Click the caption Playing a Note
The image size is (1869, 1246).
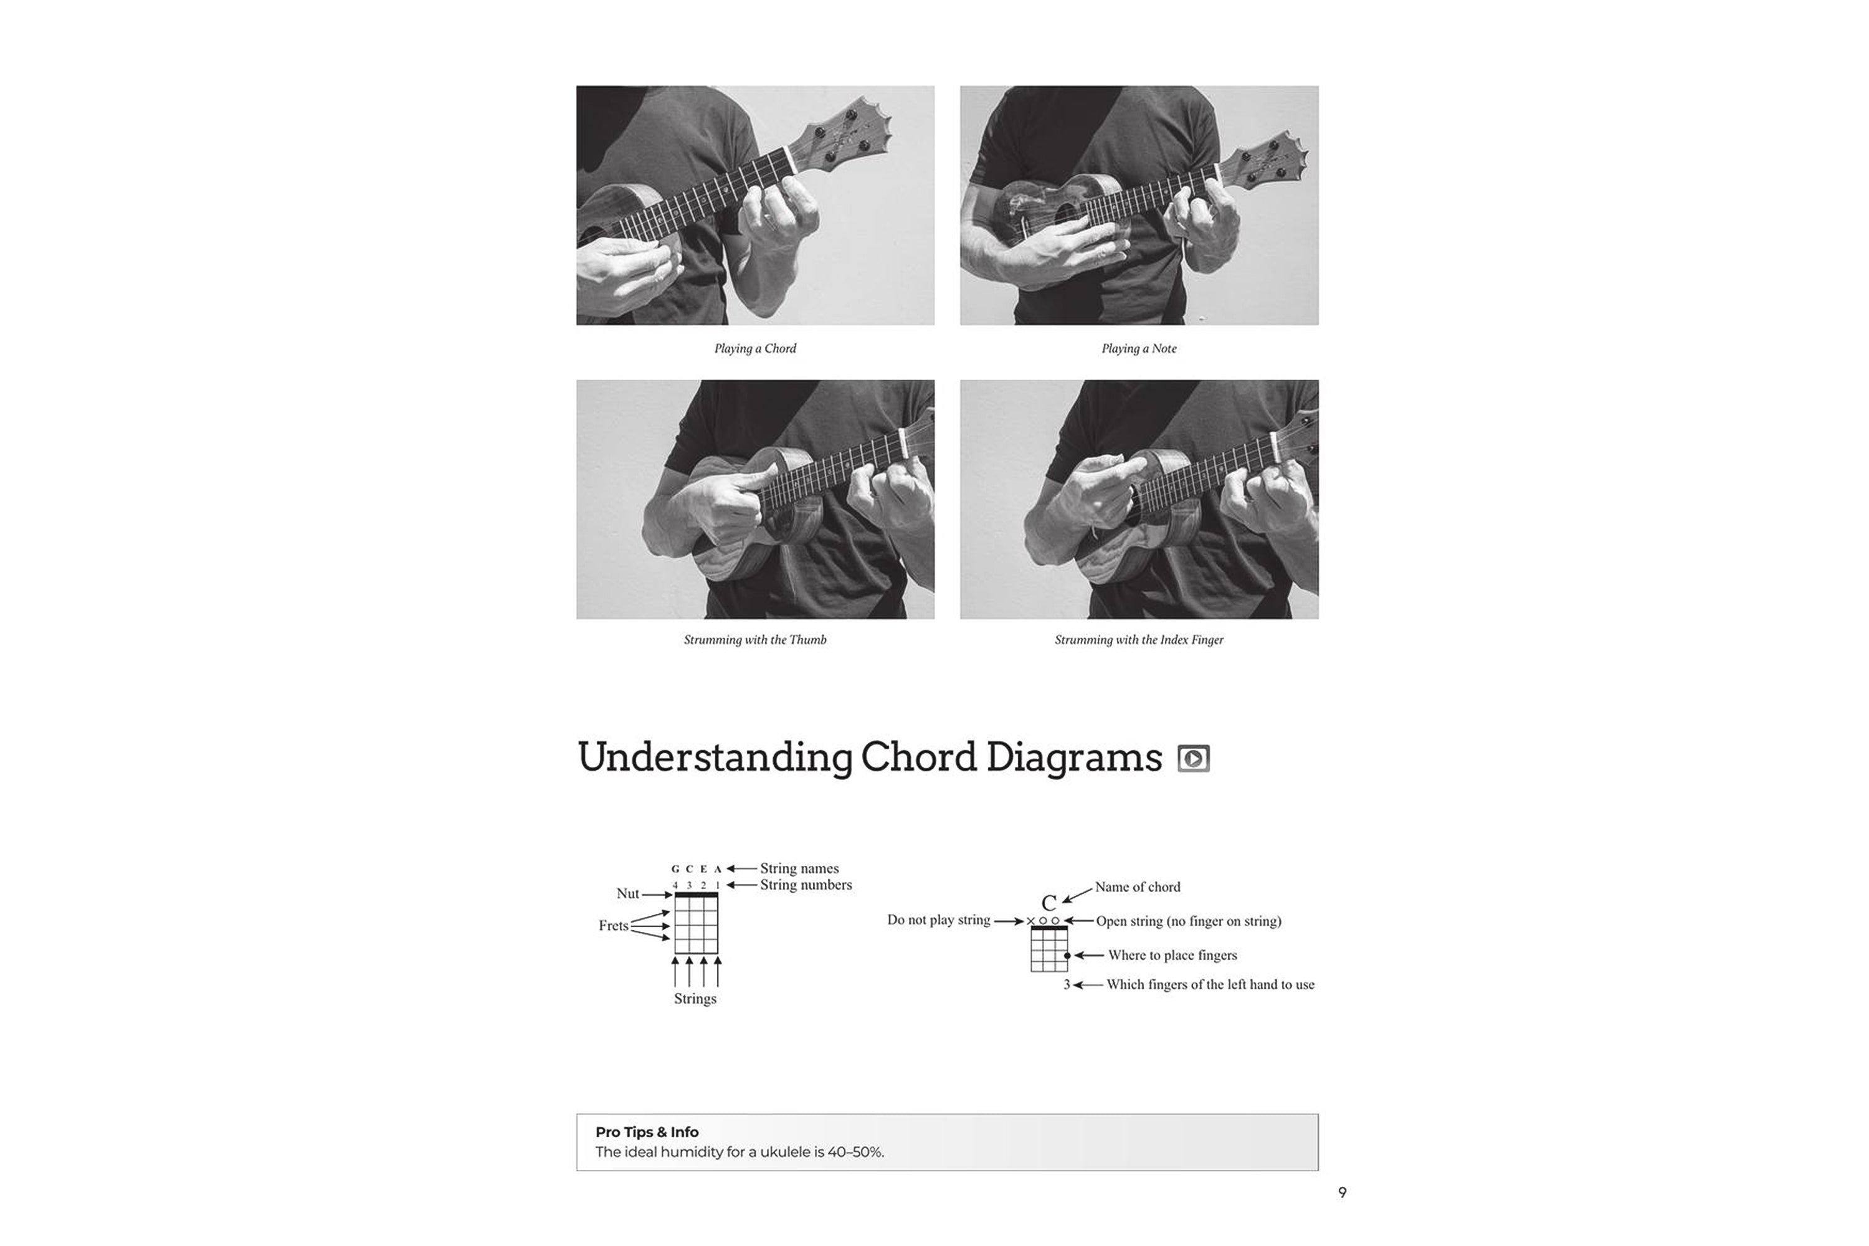[1138, 348]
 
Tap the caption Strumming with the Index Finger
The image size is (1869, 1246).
[1138, 640]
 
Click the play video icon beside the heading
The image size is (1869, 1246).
[1193, 758]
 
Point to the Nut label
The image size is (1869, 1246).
[627, 893]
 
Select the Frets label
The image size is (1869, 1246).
[612, 925]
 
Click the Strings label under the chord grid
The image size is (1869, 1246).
[695, 998]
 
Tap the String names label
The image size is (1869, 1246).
[799, 868]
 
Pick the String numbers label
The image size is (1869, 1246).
[805, 885]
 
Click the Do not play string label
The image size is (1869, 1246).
[938, 920]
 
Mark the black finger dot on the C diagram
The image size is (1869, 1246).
[1067, 955]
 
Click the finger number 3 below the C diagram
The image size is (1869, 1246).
[1067, 984]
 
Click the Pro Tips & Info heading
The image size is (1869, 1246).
[646, 1131]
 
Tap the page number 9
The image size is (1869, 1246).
[1342, 1192]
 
